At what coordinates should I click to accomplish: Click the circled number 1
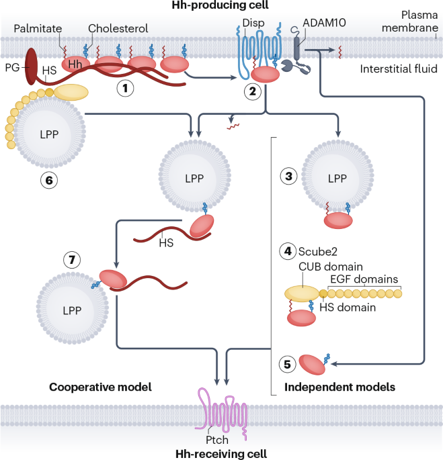pyautogui.click(x=126, y=88)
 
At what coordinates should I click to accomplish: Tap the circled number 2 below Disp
pyautogui.click(x=253, y=91)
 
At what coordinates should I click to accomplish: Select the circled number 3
pyautogui.click(x=289, y=177)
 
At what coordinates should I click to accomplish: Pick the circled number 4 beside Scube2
pyautogui.click(x=288, y=251)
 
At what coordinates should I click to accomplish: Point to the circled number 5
pyautogui.click(x=287, y=365)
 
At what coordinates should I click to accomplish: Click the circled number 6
pyautogui.click(x=49, y=180)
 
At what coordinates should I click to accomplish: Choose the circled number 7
pyautogui.click(x=72, y=260)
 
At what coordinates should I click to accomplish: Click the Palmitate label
pyautogui.click(x=38, y=28)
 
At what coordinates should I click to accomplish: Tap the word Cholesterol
pyautogui.click(x=118, y=28)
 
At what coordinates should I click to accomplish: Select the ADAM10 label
pyautogui.click(x=324, y=23)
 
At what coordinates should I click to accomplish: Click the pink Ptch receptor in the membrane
pyautogui.click(x=222, y=414)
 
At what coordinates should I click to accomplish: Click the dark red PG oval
pyautogui.click(x=31, y=66)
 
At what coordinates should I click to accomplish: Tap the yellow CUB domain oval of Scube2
pyautogui.click(x=301, y=293)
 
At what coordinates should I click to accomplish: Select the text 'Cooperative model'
pyautogui.click(x=100, y=387)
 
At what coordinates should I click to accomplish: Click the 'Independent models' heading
pyautogui.click(x=339, y=387)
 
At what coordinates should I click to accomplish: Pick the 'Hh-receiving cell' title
pyautogui.click(x=221, y=454)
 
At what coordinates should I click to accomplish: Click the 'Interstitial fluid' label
pyautogui.click(x=399, y=69)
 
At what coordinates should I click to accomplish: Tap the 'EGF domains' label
pyautogui.click(x=364, y=279)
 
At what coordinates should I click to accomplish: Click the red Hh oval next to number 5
pyautogui.click(x=312, y=365)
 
